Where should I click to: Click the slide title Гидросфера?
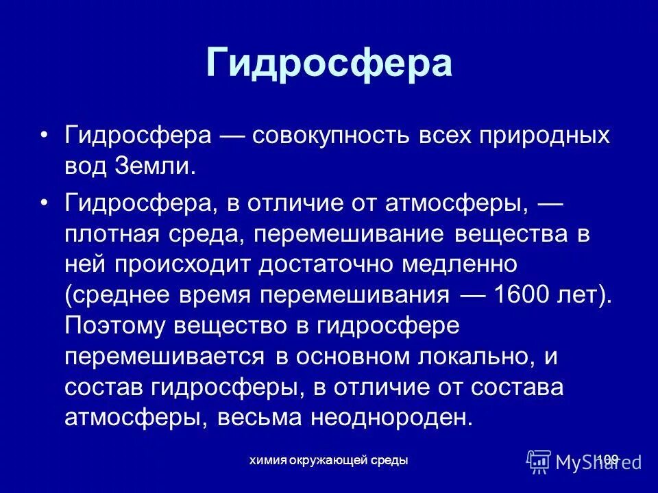click(x=329, y=64)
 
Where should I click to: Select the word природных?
click(x=541, y=136)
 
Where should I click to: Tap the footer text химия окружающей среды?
click(x=329, y=460)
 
